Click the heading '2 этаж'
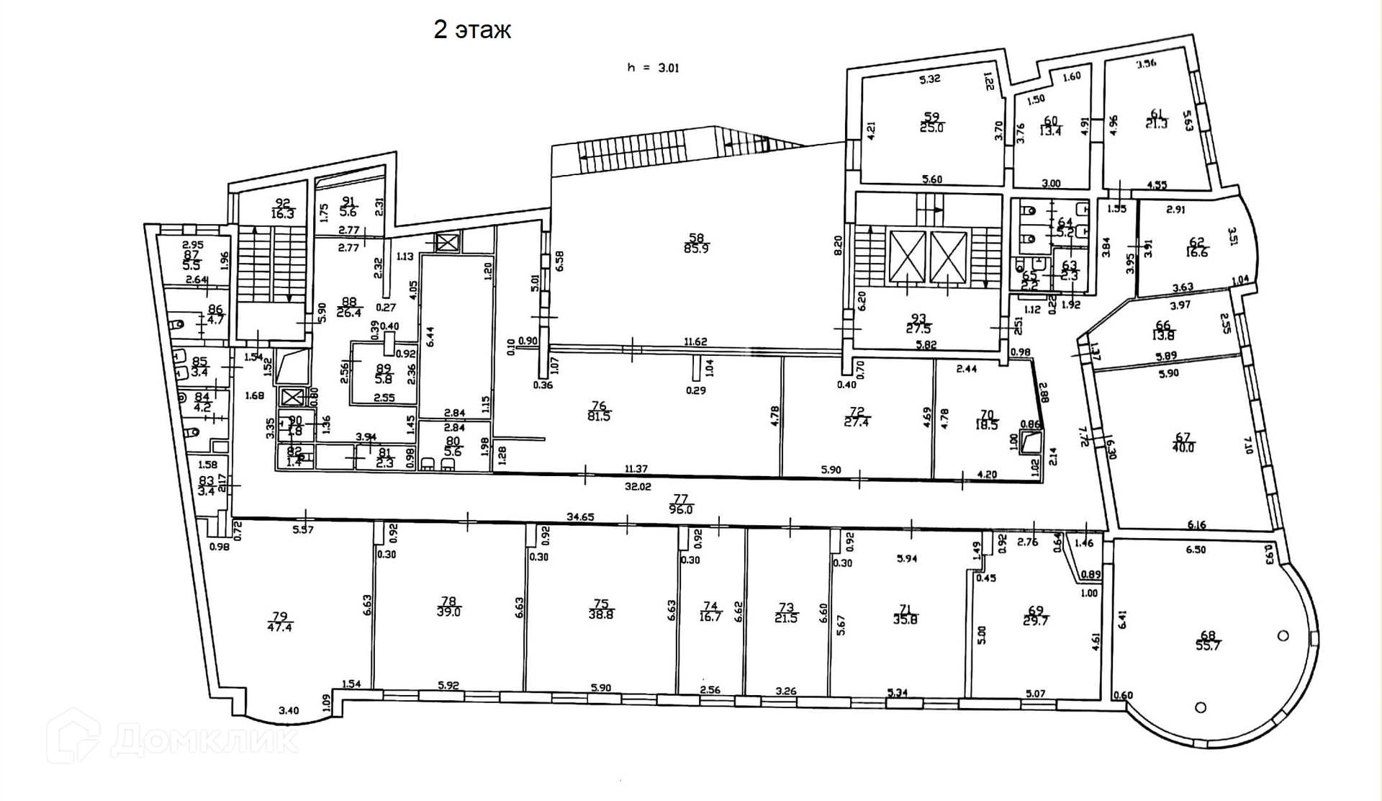coord(472,30)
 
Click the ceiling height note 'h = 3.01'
coord(653,68)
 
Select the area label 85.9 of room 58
coord(696,250)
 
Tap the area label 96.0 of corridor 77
coord(680,509)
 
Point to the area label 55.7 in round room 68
coord(1208,647)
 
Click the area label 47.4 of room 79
coord(279,627)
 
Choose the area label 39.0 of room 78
coord(448,612)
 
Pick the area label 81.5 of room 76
coord(599,416)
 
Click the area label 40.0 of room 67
coord(1183,447)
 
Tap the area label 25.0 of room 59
coord(931,128)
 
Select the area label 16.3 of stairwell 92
coord(283,214)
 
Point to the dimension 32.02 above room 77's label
coord(638,486)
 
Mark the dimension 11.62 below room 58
coord(695,341)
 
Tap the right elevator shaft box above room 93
coord(948,257)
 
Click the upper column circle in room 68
coord(1283,635)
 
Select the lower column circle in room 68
coord(1200,707)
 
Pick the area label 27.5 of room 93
coord(918,329)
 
